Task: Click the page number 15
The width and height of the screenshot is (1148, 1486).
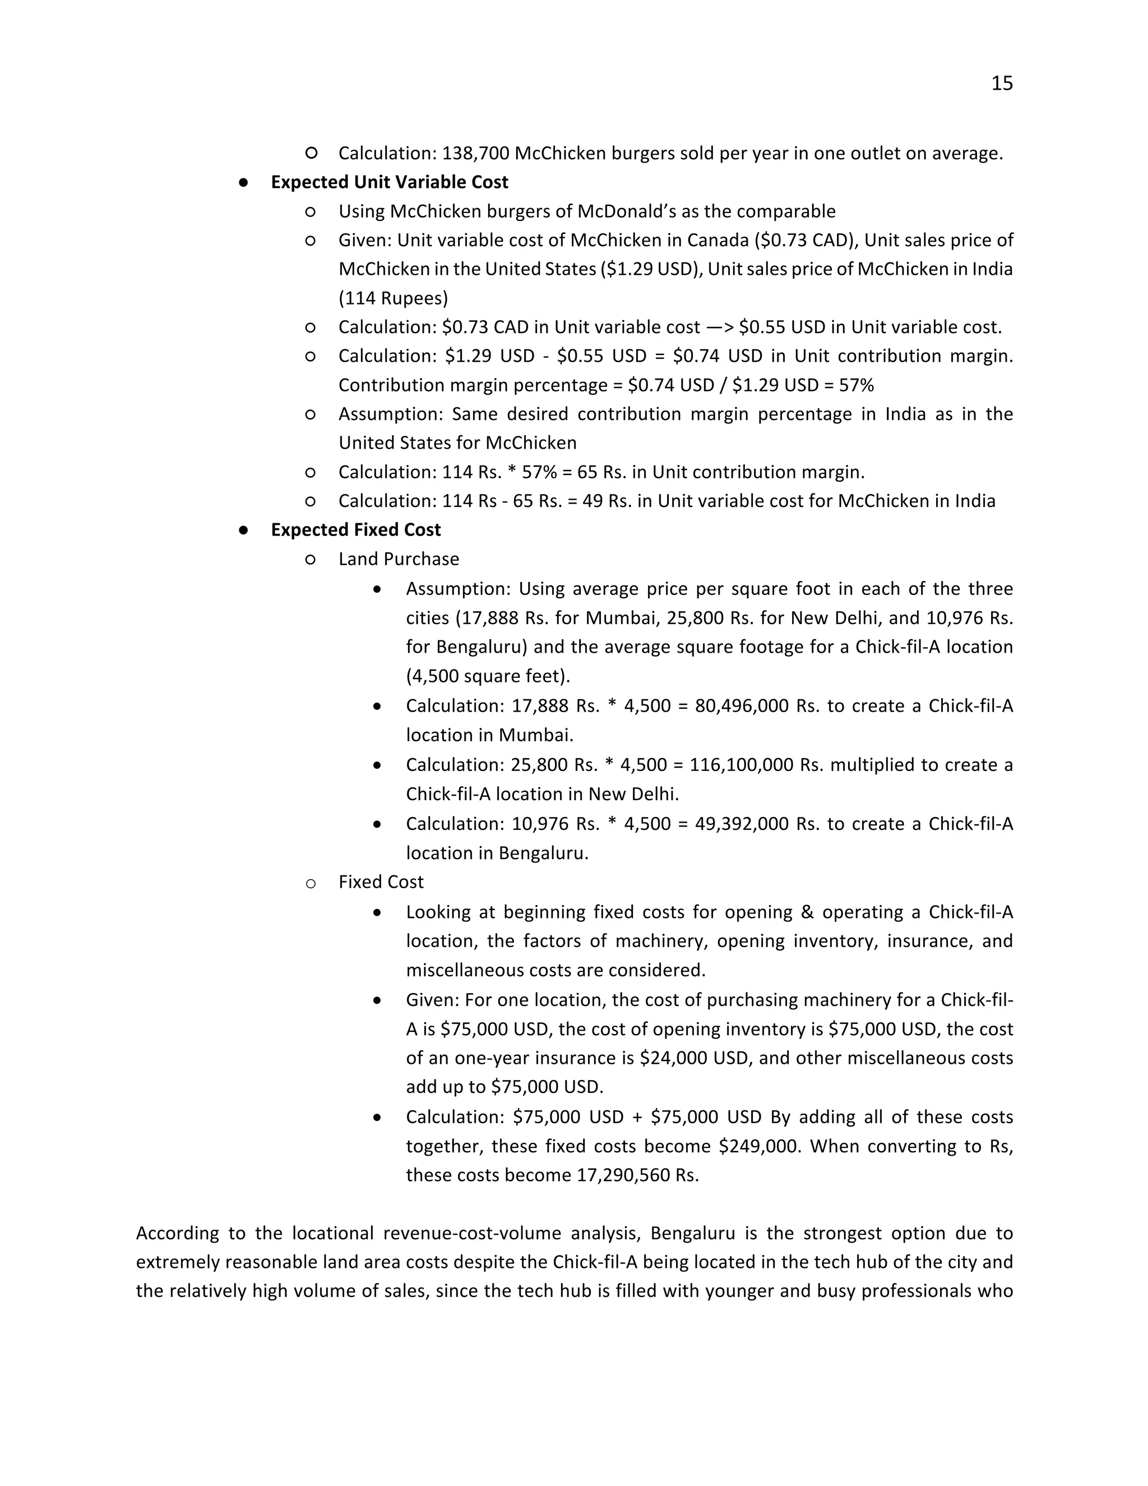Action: coord(1002,84)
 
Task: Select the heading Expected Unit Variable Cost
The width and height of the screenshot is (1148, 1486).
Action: coord(389,182)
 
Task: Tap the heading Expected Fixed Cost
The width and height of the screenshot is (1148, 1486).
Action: coord(356,530)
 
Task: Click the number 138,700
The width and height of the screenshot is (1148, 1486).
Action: coord(475,154)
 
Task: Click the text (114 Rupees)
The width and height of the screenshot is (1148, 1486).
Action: coord(393,298)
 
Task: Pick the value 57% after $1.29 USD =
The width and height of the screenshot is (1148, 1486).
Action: coord(857,386)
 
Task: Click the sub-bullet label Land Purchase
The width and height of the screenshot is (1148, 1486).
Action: coord(399,559)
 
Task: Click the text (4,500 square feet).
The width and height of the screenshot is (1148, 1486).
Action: coord(488,676)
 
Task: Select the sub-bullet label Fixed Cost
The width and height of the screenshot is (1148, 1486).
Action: coord(381,883)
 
